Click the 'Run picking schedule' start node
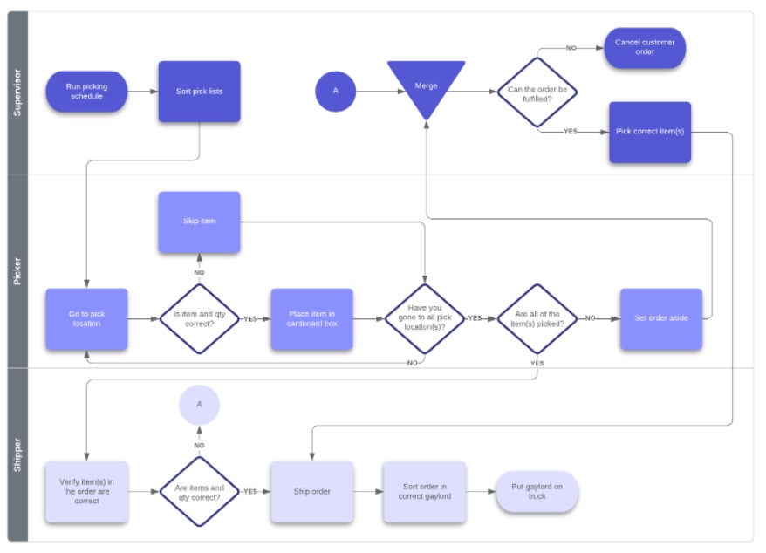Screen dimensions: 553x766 click(x=86, y=92)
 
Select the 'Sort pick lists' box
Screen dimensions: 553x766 click(x=199, y=92)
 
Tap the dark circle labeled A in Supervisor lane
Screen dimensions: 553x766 click(x=335, y=91)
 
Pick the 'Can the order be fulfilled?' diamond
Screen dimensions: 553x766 click(x=537, y=92)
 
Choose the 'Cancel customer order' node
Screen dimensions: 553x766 click(x=645, y=48)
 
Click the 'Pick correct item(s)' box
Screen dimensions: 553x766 click(x=649, y=132)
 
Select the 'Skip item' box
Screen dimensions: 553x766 click(x=199, y=222)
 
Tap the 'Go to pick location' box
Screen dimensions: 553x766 click(x=86, y=319)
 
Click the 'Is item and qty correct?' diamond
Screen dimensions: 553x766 click(x=199, y=319)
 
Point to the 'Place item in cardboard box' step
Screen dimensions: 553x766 click(x=311, y=319)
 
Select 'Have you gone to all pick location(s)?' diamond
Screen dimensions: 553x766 click(x=425, y=319)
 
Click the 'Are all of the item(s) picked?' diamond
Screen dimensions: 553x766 click(x=537, y=319)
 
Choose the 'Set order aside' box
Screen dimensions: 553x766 click(x=660, y=319)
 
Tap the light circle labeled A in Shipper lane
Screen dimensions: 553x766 click(x=199, y=405)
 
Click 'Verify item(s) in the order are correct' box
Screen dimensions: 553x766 click(x=86, y=492)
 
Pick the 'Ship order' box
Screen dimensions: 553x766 click(x=311, y=492)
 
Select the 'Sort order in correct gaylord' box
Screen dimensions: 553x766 click(x=425, y=492)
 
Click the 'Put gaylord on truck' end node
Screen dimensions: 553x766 click(x=537, y=492)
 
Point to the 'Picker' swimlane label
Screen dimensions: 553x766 click(x=17, y=271)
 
